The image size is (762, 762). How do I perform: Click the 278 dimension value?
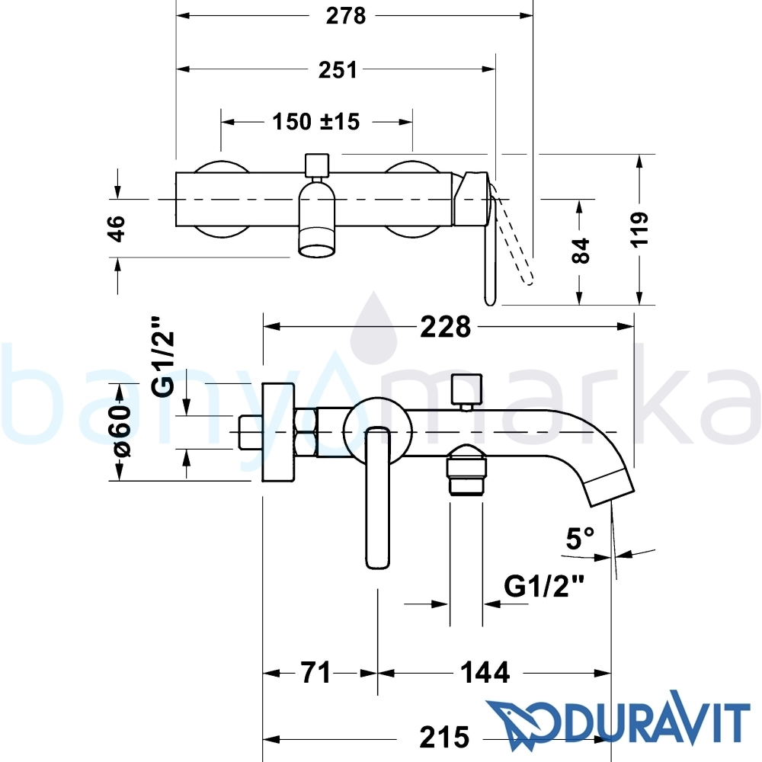point(345,16)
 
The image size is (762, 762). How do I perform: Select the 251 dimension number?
point(338,70)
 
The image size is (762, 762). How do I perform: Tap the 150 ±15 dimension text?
point(316,121)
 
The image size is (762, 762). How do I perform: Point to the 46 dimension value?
point(117,229)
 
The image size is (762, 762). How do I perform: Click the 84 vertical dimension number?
point(581,250)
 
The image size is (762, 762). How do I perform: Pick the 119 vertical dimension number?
point(640,230)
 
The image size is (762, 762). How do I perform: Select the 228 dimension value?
point(445,327)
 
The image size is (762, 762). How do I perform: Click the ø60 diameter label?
point(121,431)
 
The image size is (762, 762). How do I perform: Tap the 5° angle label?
point(580,539)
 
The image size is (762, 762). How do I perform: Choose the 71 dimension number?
point(315,673)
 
